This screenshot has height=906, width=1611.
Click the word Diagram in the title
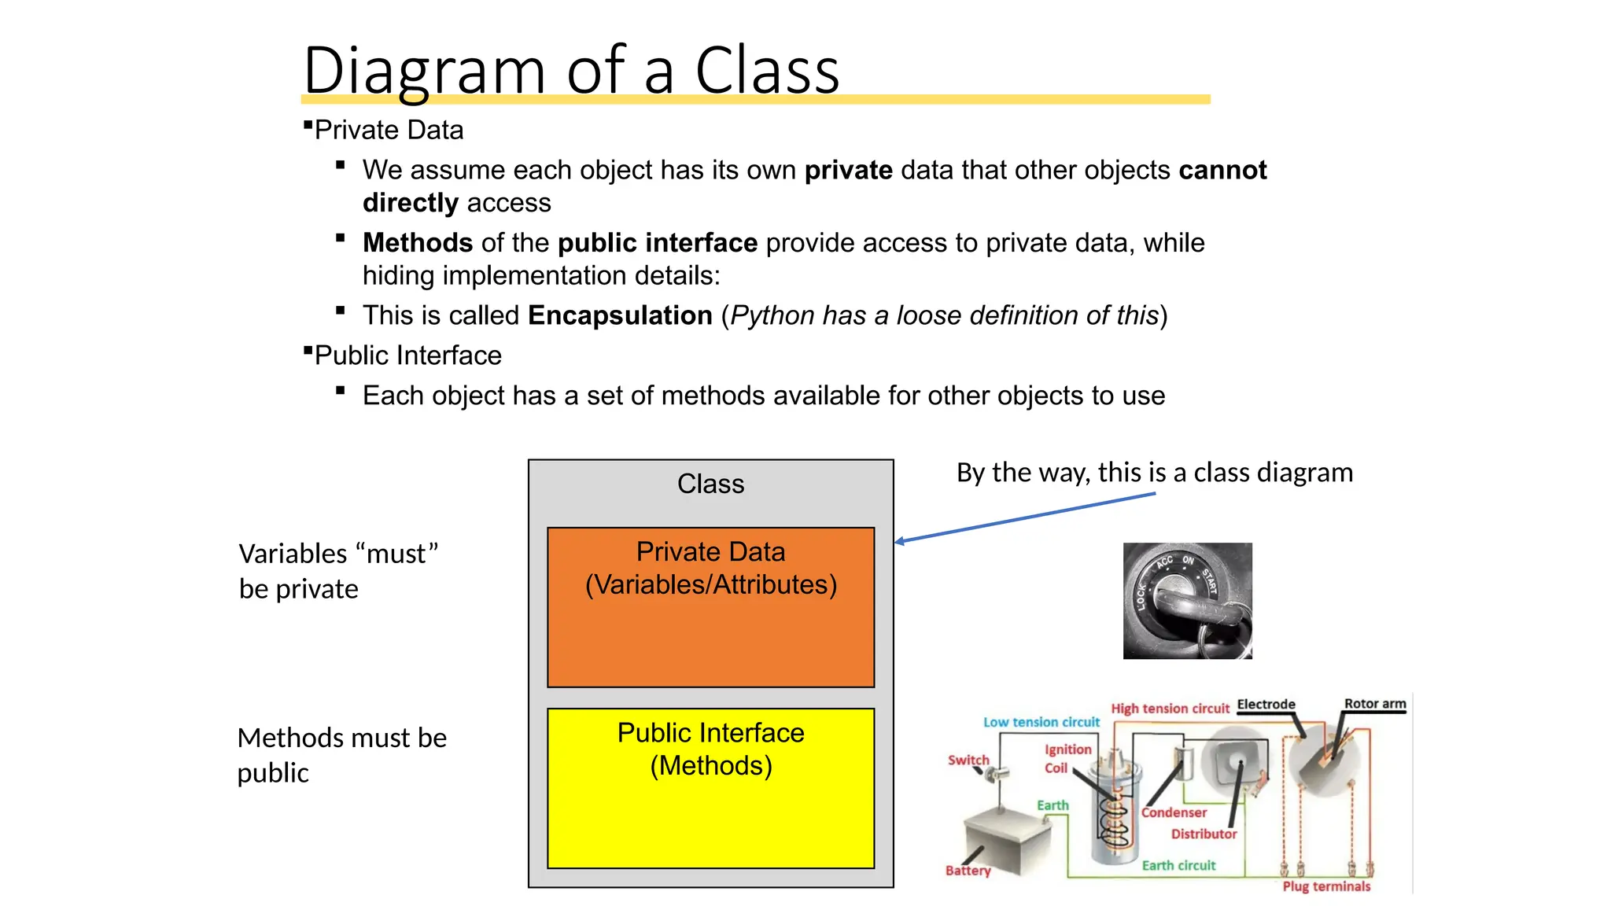pyautogui.click(x=423, y=71)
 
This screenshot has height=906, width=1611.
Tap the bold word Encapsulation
pyautogui.click(x=620, y=315)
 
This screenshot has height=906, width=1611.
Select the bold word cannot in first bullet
pyautogui.click(x=1222, y=170)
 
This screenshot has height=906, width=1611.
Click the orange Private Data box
pyautogui.click(x=710, y=629)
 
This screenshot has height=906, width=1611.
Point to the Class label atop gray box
pyautogui.click(x=710, y=484)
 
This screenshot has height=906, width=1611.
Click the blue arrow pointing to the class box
pyautogui.click(x=1023, y=517)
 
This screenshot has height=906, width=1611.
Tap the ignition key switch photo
pyautogui.click(x=1187, y=600)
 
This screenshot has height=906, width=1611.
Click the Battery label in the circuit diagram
pyautogui.click(x=968, y=871)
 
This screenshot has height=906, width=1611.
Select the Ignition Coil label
pyautogui.click(x=1067, y=758)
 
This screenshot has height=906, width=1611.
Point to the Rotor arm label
pyautogui.click(x=1374, y=704)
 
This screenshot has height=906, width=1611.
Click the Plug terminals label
pyautogui.click(x=1326, y=886)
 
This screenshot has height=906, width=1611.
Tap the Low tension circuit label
pyautogui.click(x=1041, y=722)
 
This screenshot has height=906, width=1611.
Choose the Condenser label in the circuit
pyautogui.click(x=1174, y=812)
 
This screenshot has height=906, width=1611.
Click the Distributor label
pyautogui.click(x=1204, y=834)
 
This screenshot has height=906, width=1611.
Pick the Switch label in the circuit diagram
pyautogui.click(x=968, y=760)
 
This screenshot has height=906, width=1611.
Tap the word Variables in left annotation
pyautogui.click(x=292, y=554)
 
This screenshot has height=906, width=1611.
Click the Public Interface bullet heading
pyautogui.click(x=407, y=355)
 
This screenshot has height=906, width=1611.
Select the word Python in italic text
pyautogui.click(x=772, y=315)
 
